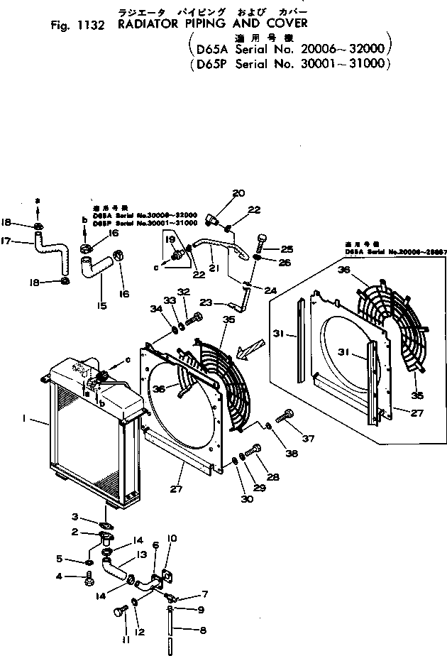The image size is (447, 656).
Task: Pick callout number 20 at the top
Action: click(238, 192)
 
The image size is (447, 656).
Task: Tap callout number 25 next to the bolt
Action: click(286, 248)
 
